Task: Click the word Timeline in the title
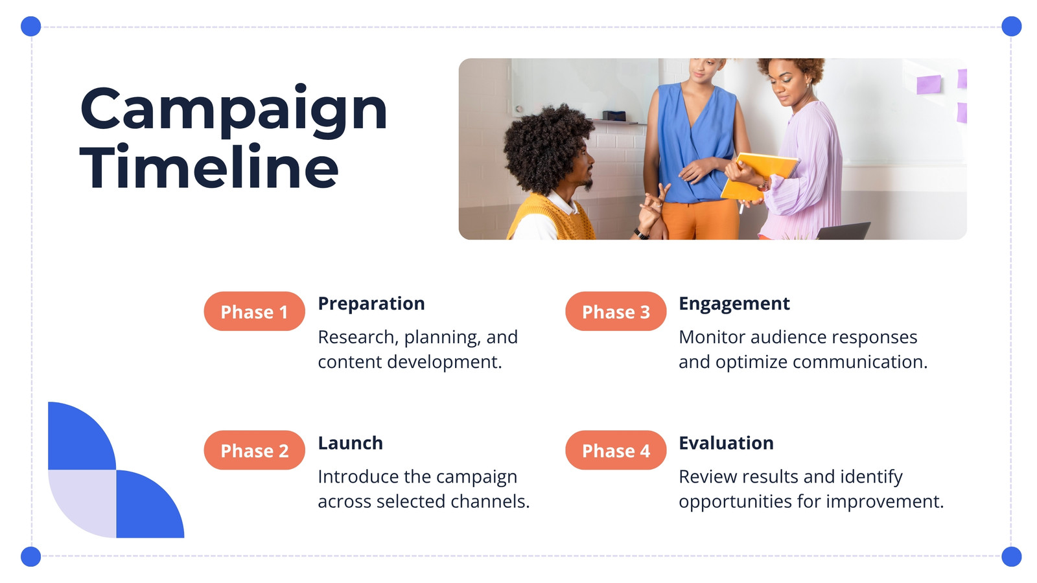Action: click(209, 166)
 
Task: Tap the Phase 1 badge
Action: click(254, 312)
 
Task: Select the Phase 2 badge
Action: click(254, 450)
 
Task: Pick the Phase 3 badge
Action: click(616, 312)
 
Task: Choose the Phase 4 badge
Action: click(616, 450)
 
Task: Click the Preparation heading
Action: click(371, 304)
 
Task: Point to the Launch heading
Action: click(351, 443)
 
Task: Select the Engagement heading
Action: click(734, 304)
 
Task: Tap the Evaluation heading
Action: click(726, 443)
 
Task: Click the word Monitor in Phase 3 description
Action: click(712, 337)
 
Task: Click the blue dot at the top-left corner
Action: click(31, 27)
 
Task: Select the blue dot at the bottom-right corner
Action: click(1012, 556)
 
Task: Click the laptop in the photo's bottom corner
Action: click(843, 231)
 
